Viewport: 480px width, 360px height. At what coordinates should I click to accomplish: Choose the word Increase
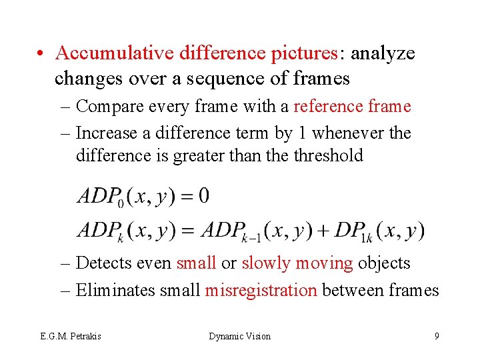(x=113, y=133)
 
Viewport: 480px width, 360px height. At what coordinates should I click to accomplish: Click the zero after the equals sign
(x=203, y=195)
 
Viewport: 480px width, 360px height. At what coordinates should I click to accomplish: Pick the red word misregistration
(x=261, y=290)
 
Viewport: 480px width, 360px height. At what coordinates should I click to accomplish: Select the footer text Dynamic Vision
(x=239, y=337)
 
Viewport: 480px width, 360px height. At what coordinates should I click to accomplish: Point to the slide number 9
(x=437, y=336)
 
